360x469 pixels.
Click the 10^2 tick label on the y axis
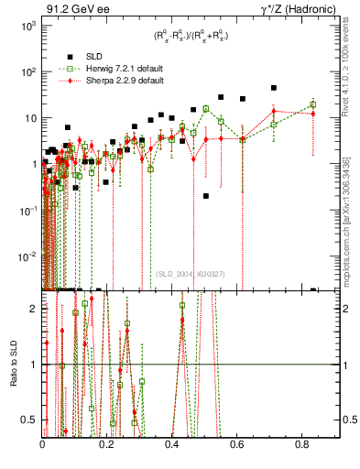click(x=29, y=71)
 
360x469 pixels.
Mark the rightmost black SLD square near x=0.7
click(x=274, y=88)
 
